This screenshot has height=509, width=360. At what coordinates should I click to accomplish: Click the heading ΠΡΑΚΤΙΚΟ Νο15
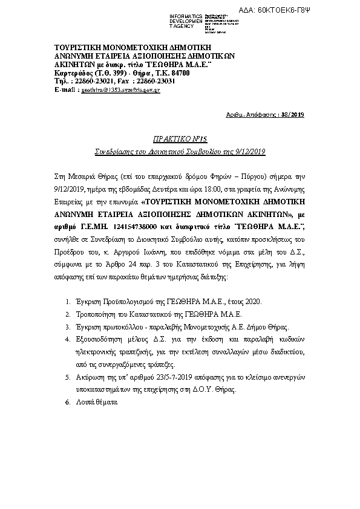(x=180, y=138)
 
